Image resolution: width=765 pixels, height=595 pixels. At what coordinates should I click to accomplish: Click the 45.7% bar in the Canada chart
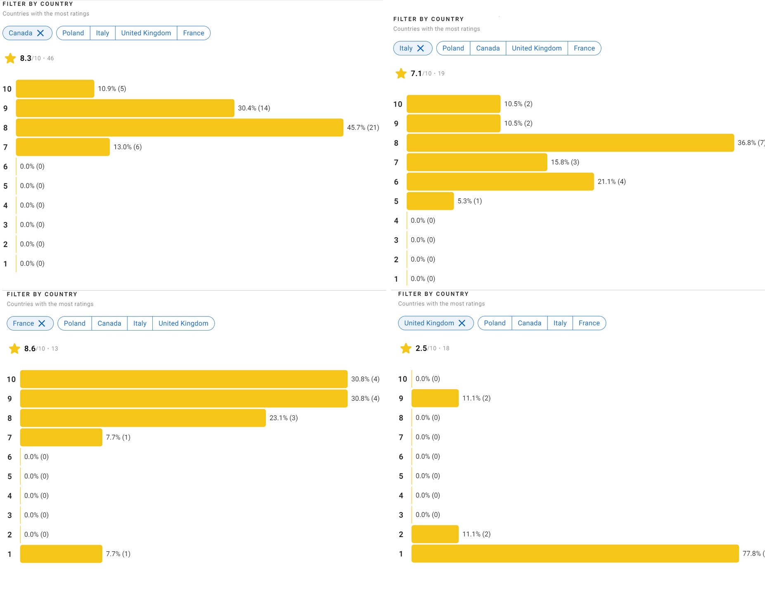click(x=180, y=128)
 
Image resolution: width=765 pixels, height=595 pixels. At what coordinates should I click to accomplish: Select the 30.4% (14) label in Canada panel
click(x=254, y=108)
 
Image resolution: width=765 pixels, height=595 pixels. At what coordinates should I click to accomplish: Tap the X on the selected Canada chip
click(x=40, y=33)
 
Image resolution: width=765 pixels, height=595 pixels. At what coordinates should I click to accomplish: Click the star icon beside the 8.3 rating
click(x=10, y=58)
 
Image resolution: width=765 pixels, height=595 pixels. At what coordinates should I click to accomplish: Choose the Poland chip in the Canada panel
click(x=73, y=33)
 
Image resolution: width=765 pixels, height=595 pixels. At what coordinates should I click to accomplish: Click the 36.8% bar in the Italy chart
click(x=570, y=143)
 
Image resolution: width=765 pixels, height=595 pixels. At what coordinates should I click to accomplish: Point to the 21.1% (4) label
click(x=611, y=182)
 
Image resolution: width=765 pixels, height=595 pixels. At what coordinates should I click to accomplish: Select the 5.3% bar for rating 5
click(x=430, y=201)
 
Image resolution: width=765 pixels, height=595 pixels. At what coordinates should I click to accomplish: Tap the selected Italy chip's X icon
click(x=421, y=48)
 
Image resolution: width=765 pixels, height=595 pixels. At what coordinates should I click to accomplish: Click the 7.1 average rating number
click(x=416, y=74)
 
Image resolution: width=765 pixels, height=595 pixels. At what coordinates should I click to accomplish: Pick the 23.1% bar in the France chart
click(x=143, y=418)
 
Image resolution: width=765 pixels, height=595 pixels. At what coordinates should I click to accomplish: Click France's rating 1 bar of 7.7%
click(x=61, y=554)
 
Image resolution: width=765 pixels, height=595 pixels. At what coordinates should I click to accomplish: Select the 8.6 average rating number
click(x=30, y=349)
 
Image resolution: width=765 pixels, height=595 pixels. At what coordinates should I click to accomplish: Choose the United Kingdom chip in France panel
click(x=183, y=324)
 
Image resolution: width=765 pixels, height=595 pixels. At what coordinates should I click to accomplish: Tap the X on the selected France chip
click(x=42, y=324)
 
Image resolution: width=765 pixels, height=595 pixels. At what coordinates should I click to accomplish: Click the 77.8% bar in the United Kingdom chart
click(x=575, y=554)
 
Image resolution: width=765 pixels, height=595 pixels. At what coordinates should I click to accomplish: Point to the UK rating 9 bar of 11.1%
click(x=435, y=398)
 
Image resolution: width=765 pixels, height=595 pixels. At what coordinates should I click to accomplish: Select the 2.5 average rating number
click(x=421, y=348)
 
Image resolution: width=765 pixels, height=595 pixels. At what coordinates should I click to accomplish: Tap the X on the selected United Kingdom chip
click(x=462, y=323)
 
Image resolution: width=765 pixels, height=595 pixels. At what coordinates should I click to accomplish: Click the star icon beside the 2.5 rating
click(x=406, y=348)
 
